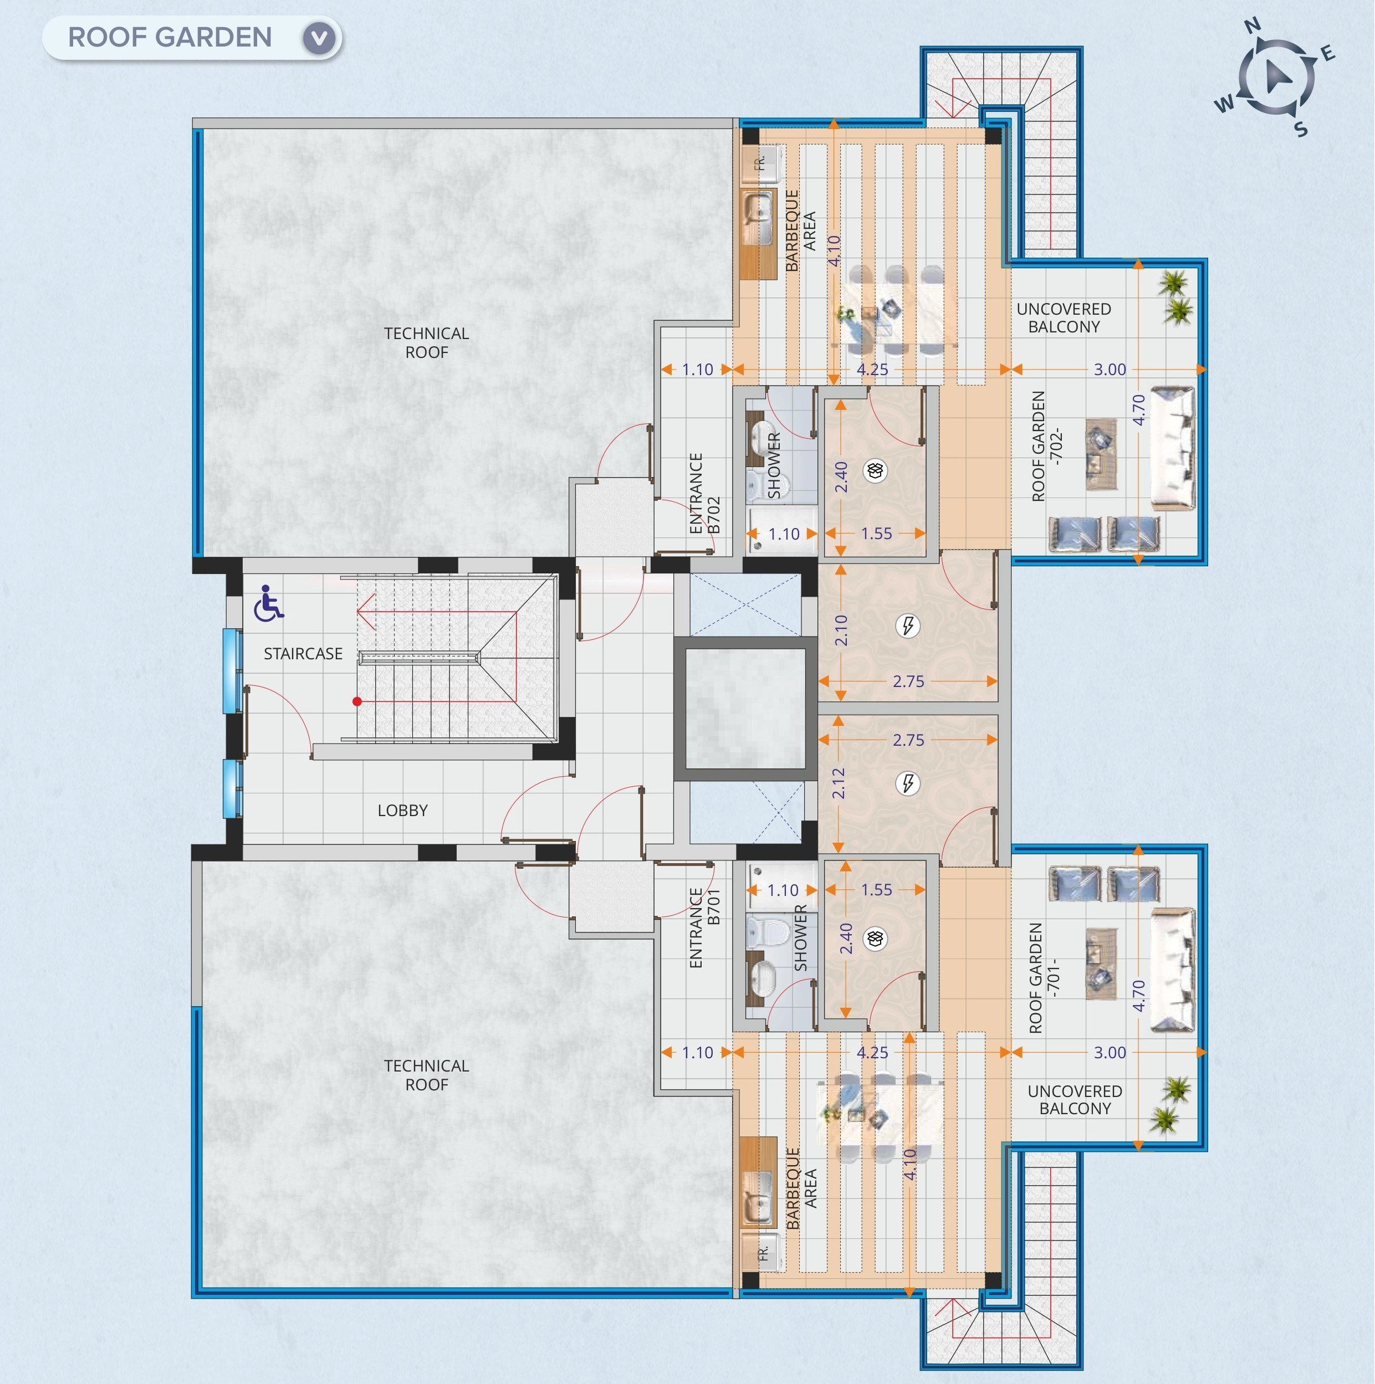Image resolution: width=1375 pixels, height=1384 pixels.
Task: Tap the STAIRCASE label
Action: click(303, 653)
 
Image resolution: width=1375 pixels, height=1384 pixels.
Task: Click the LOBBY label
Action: click(403, 810)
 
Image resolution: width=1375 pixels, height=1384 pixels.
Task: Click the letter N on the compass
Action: click(1252, 27)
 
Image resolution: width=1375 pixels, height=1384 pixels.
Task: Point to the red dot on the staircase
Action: click(357, 701)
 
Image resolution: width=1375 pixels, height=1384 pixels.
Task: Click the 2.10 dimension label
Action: click(841, 630)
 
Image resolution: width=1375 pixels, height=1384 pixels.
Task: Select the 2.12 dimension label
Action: click(839, 783)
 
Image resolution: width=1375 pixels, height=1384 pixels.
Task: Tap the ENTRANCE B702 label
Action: click(704, 493)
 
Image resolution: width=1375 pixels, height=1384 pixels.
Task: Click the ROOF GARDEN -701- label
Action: click(1044, 978)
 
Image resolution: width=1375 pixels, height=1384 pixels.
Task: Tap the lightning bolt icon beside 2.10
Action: click(908, 626)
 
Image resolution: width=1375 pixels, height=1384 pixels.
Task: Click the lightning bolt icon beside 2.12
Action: click(908, 783)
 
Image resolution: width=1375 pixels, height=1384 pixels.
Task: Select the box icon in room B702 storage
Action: click(875, 470)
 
